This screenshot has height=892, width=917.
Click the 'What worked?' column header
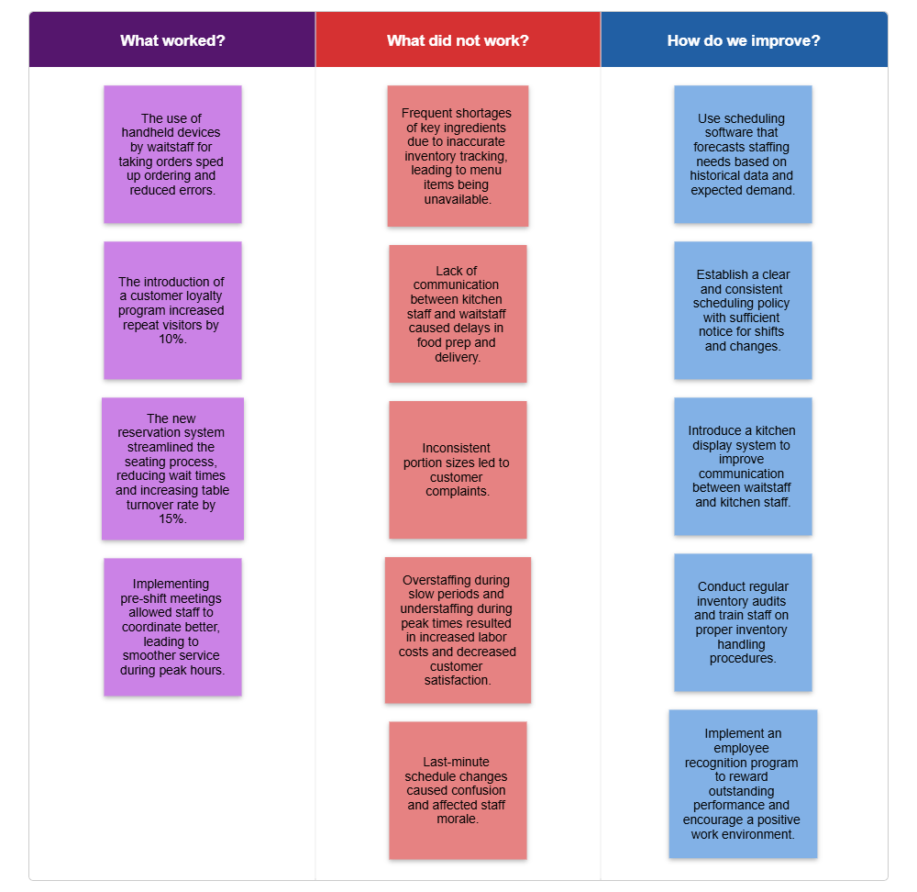pos(172,40)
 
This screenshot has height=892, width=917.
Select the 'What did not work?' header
pos(458,40)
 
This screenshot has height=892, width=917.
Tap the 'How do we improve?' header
pos(744,40)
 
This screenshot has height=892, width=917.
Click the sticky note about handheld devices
pos(172,154)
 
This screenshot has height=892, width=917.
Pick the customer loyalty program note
pos(172,310)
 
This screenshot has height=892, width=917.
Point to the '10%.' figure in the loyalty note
pos(172,340)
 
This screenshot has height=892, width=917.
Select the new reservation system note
pos(172,468)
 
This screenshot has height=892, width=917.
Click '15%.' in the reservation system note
pos(172,518)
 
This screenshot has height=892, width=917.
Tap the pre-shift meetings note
pos(172,627)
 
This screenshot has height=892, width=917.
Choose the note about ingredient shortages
pos(458,156)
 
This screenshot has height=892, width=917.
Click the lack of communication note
pos(458,314)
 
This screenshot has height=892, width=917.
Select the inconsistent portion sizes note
pos(458,470)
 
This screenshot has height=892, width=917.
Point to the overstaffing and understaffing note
pos(458,630)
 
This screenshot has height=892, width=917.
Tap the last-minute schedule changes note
pos(458,790)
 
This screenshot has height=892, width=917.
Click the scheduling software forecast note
pos(743,154)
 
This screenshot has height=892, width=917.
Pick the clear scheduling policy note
pos(743,310)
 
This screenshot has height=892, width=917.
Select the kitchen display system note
pos(743,466)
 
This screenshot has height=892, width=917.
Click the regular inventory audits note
pos(743,622)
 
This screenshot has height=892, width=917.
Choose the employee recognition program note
pos(743,784)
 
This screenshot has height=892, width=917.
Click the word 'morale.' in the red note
pos(458,820)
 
